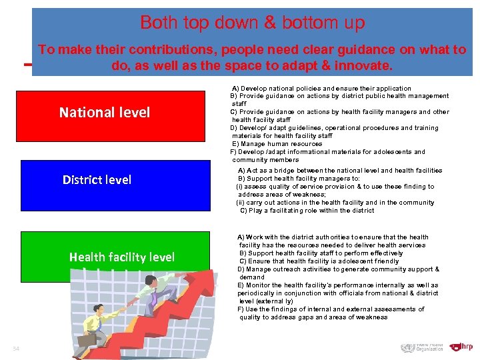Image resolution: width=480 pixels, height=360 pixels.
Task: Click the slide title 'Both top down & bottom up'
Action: coord(252,23)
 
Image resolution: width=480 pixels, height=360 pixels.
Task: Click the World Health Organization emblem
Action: coord(407,347)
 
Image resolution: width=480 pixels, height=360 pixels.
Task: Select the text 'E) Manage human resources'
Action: coord(277,144)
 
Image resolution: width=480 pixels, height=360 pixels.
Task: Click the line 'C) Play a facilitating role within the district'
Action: coord(307,211)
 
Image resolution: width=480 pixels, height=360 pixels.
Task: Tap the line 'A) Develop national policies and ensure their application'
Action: coord(321,88)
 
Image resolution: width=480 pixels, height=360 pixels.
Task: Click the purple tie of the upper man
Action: coord(153,299)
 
